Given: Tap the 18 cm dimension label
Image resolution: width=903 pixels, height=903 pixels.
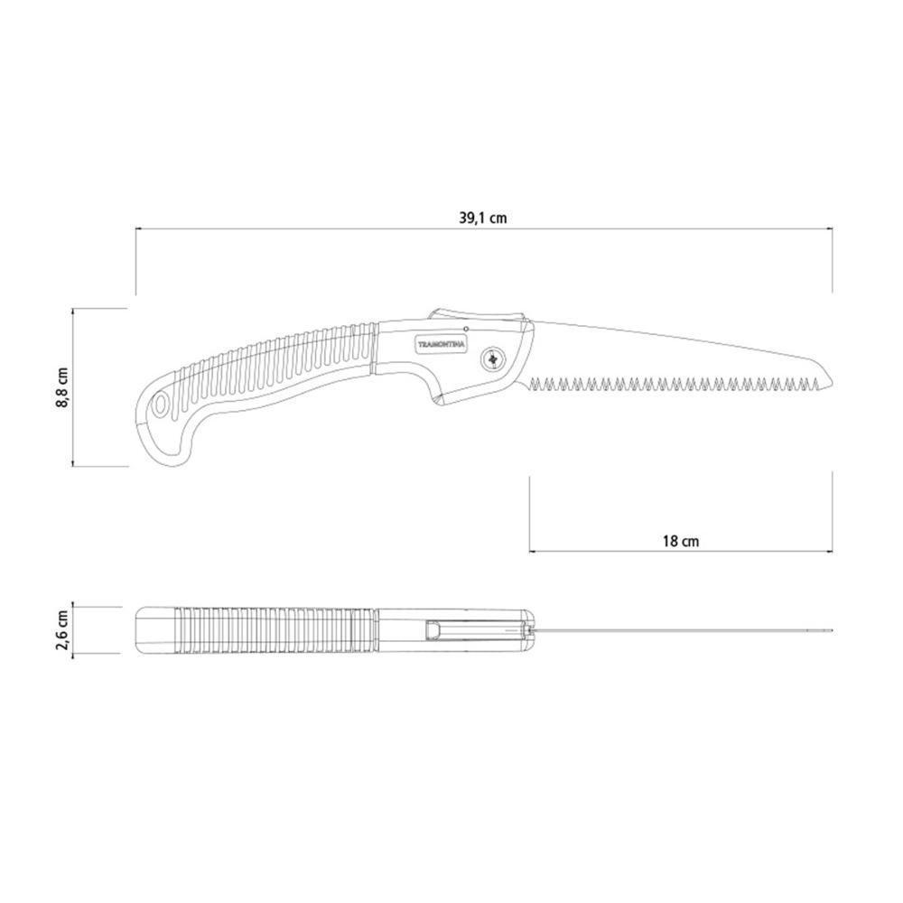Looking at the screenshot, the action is click(681, 541).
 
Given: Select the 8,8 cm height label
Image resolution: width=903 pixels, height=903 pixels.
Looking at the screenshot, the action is click(62, 387).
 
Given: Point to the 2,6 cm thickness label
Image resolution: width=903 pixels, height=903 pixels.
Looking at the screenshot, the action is click(62, 630).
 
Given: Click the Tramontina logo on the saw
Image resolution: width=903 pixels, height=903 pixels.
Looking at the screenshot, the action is click(442, 342).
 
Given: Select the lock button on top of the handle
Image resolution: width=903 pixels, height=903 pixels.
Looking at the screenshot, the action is click(477, 314).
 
